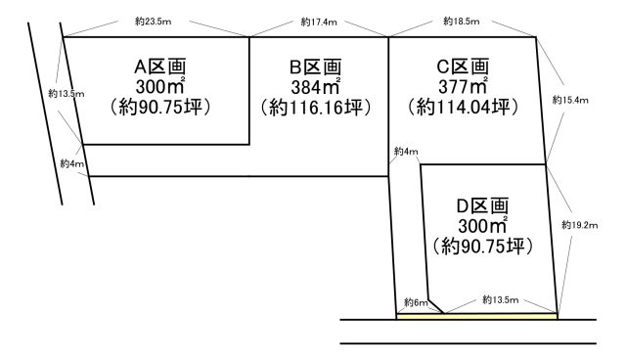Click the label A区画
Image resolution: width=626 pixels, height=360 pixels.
161,67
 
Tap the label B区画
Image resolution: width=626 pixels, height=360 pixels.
316,67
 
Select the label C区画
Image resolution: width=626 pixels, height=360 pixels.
462,67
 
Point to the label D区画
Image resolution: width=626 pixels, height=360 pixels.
483,206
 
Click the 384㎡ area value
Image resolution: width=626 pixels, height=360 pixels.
315,86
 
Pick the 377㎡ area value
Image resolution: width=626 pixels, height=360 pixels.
462,86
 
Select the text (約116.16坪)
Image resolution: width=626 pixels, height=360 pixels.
316,107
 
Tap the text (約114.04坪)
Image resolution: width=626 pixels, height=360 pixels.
462,107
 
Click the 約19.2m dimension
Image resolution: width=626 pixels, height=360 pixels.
579,224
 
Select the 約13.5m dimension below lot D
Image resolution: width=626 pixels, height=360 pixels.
500,299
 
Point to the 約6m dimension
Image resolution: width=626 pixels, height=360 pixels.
416,303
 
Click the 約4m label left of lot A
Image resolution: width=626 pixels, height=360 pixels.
71,163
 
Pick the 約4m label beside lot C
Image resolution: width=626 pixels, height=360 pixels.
406,151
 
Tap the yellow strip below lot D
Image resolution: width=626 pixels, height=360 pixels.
477,316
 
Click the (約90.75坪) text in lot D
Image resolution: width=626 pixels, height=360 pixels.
483,246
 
